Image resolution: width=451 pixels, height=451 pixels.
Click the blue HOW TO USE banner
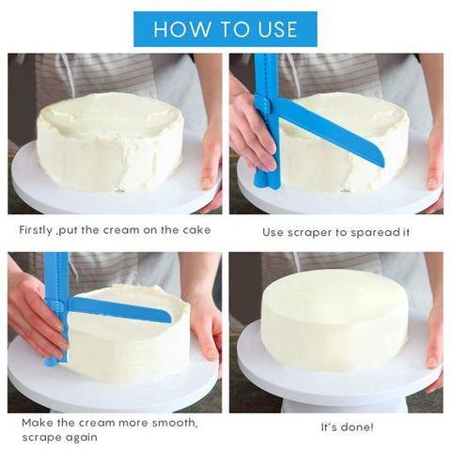coord(225,29)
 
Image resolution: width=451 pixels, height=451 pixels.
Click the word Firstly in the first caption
coord(41,230)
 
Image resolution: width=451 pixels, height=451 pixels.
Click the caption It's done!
coord(346,427)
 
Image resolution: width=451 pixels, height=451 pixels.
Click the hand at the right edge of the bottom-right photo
coord(434,338)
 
